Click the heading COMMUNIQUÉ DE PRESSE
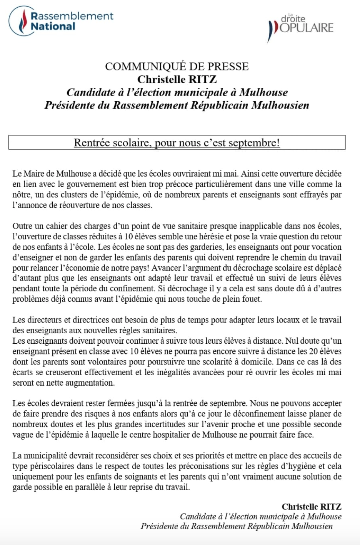pyautogui.click(x=177, y=67)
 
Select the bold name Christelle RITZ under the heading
pyautogui.click(x=177, y=79)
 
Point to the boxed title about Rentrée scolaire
pyautogui.click(x=177, y=143)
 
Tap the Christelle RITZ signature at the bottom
pyautogui.click(x=312, y=507)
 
